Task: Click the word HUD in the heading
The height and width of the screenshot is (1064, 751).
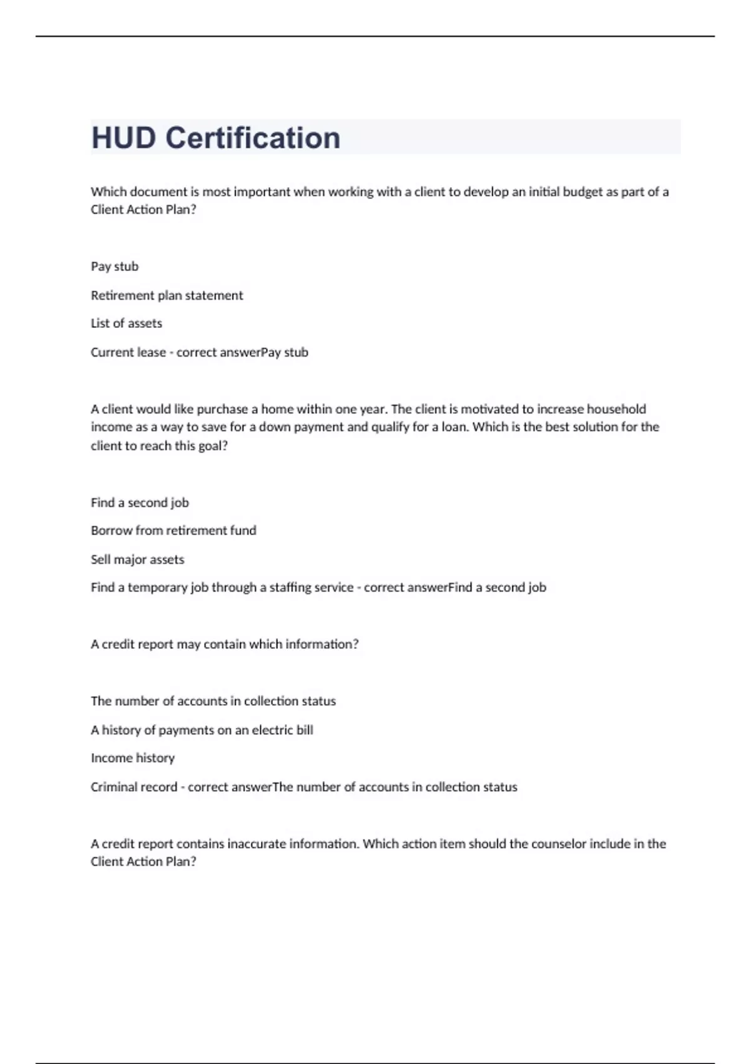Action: click(123, 138)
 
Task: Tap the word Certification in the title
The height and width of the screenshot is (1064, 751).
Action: click(253, 138)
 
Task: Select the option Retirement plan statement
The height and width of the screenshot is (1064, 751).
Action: click(166, 295)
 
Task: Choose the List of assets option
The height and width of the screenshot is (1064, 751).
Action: click(126, 324)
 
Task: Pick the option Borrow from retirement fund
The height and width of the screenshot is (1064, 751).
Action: click(173, 531)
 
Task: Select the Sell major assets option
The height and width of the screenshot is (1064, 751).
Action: click(138, 560)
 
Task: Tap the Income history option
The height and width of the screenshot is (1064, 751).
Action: click(133, 758)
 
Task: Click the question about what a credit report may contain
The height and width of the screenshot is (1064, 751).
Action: click(225, 645)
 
